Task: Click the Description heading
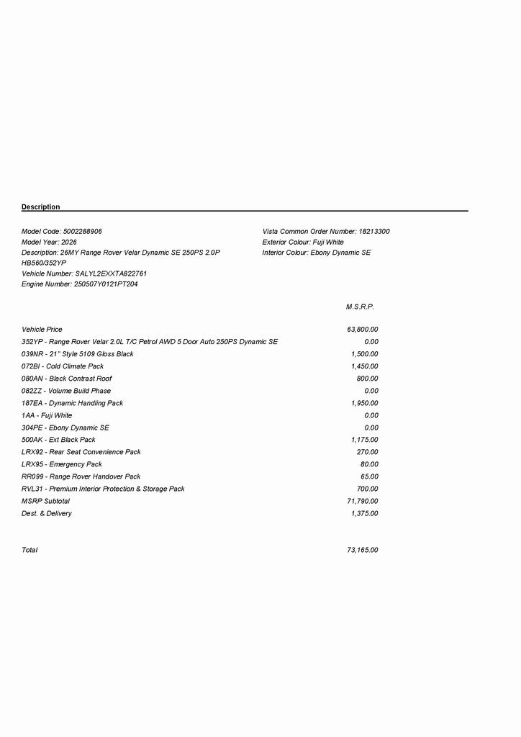[x=41, y=207]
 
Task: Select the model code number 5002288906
[x=83, y=232]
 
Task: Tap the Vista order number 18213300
[x=374, y=232]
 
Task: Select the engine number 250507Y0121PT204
[x=106, y=284]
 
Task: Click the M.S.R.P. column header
[x=360, y=307]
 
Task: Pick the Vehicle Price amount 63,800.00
[x=363, y=330]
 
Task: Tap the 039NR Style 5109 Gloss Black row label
[x=78, y=354]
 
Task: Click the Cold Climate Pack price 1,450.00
[x=365, y=366]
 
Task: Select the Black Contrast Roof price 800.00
[x=367, y=379]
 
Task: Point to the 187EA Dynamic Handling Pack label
[x=73, y=403]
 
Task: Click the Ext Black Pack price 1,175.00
[x=365, y=440]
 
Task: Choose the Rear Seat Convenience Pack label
[x=81, y=452]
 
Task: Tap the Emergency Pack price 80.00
[x=369, y=464]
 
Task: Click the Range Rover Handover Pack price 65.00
[x=369, y=476]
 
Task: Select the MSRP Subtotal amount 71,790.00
[x=363, y=501]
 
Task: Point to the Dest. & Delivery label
[x=47, y=513]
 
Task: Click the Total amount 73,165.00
[x=363, y=551]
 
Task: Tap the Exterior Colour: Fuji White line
[x=303, y=243]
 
